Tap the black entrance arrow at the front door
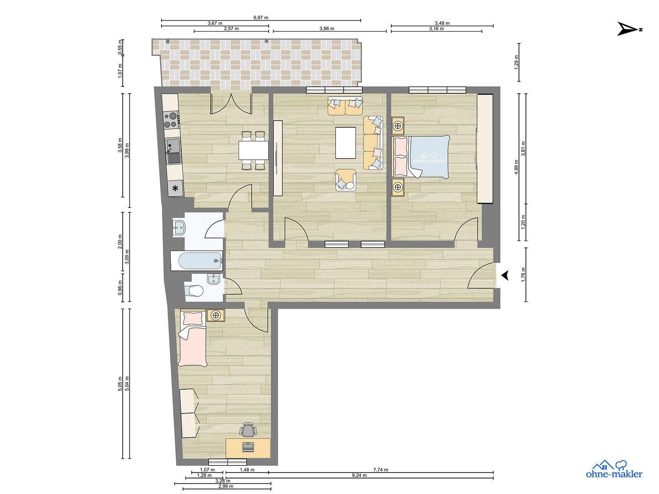(x=505, y=275)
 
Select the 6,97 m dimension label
(x=261, y=17)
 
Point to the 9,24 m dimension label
(x=360, y=475)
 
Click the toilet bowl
(x=194, y=290)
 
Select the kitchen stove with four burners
(x=171, y=119)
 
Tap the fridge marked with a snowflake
(x=175, y=188)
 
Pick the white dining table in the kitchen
(x=253, y=150)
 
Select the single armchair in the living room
(x=346, y=180)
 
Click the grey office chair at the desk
(x=248, y=430)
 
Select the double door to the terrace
(x=231, y=103)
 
